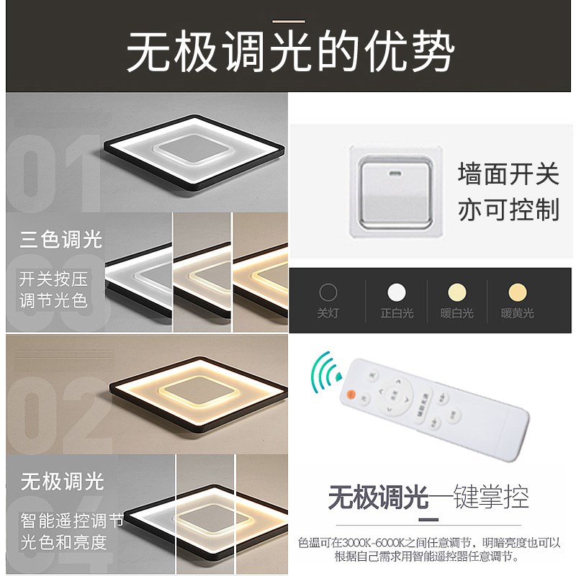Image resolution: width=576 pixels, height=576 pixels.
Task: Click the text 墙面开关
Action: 508,174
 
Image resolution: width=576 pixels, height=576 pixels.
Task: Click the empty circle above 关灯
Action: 328,292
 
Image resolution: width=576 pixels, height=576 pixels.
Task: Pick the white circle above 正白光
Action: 396,292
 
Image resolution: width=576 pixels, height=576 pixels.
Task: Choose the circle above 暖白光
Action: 456,292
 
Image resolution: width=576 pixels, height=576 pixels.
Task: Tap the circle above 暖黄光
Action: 517,292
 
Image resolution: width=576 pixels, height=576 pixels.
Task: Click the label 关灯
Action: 328,313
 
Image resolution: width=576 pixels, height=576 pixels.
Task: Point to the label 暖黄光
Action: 517,313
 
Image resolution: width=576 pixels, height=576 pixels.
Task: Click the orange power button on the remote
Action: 352,394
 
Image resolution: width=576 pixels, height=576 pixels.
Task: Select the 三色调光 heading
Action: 61,240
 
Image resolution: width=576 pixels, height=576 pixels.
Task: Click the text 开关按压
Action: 53,277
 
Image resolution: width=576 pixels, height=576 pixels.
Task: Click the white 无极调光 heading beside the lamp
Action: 62,481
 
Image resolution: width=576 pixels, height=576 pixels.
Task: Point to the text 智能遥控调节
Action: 72,520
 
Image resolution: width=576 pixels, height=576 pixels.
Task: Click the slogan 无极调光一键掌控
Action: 428,497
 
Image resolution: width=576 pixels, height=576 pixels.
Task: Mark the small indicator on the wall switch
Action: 395,174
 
